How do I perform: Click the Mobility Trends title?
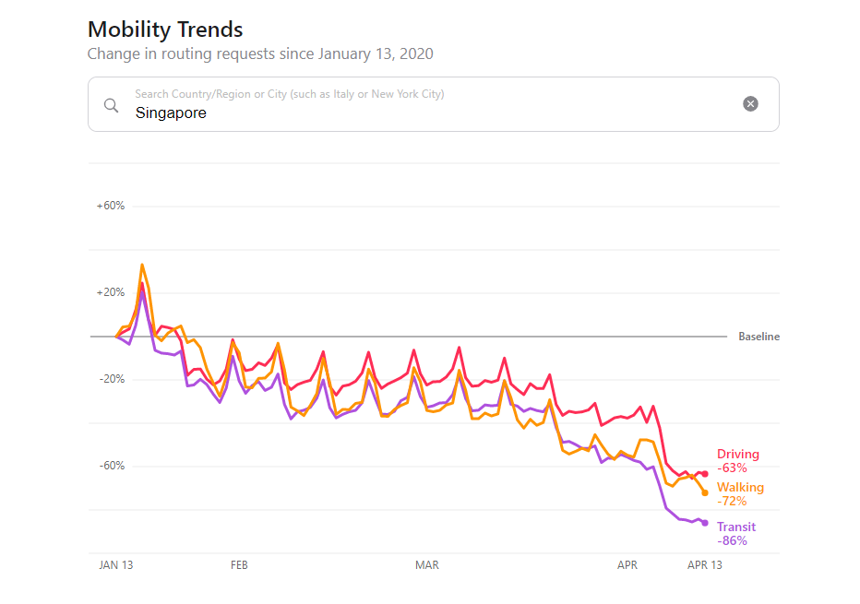(x=165, y=29)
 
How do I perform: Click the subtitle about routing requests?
(x=260, y=53)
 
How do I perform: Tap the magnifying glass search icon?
(x=111, y=104)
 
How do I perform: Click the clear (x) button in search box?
(x=750, y=103)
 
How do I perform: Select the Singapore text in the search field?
(x=171, y=113)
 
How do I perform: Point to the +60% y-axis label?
(x=111, y=206)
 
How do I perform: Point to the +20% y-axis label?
(x=111, y=292)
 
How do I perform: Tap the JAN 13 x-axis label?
(x=116, y=565)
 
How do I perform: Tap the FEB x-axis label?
(x=239, y=565)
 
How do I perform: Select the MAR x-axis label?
(x=427, y=565)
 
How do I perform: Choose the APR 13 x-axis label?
(x=705, y=565)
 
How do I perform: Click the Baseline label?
(x=758, y=337)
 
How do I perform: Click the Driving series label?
(x=738, y=454)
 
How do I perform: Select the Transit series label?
(x=736, y=527)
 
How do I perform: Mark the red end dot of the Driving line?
(x=705, y=474)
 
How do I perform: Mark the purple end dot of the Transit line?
(x=705, y=523)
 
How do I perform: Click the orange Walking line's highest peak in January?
(x=142, y=265)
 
